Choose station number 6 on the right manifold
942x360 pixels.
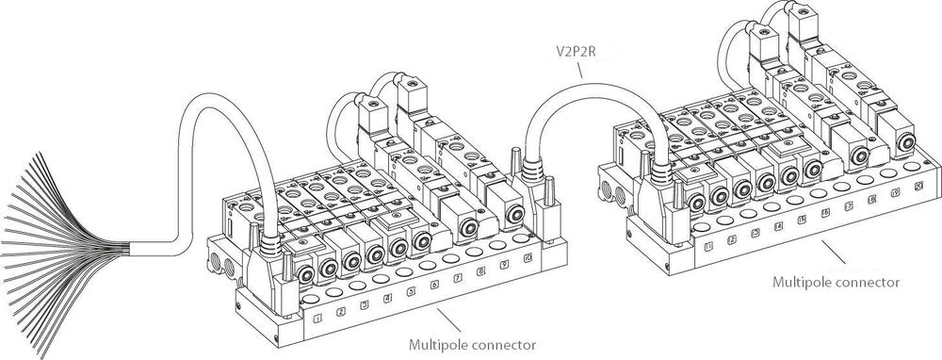(825, 214)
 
